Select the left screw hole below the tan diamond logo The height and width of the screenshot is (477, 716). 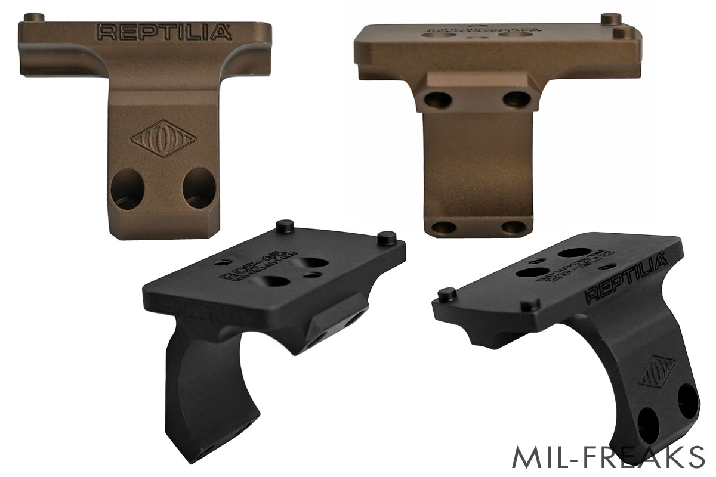click(127, 188)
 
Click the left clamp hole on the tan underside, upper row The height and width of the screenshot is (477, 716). click(434, 98)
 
